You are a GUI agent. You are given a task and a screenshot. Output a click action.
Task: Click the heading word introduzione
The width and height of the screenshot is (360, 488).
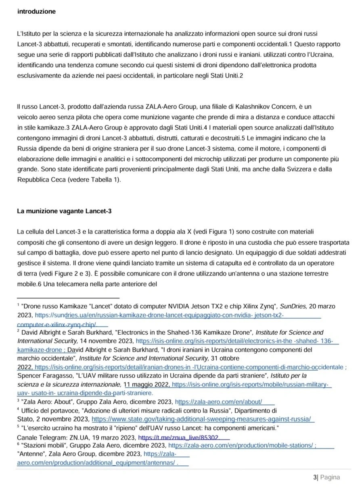click(37, 12)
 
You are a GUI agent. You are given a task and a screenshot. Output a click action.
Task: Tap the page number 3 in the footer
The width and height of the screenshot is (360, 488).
click(315, 478)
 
